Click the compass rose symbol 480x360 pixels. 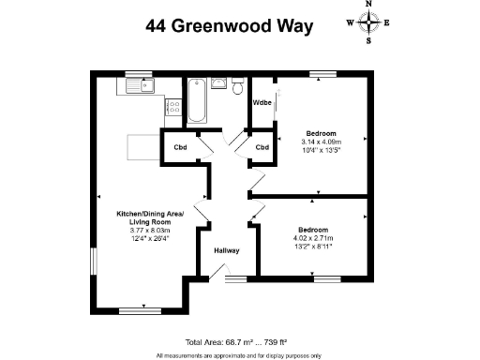368,23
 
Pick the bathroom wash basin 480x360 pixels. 218,85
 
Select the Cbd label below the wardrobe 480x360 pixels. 262,147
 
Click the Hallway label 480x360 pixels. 227,250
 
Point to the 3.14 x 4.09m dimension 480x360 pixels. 321,142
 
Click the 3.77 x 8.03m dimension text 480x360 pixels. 150,231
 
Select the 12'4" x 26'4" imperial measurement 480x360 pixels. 150,239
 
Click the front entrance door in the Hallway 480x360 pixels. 217,273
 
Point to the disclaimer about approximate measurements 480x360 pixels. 239,354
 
